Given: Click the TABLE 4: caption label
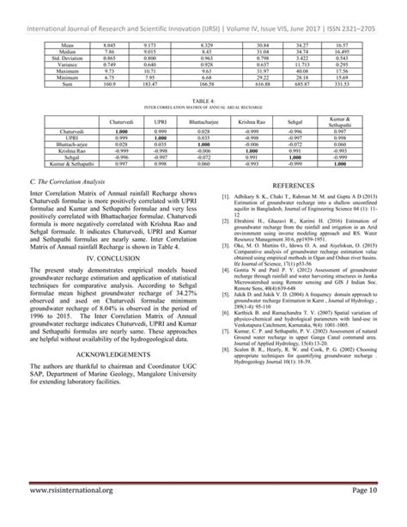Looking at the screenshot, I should pos(203,101).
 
